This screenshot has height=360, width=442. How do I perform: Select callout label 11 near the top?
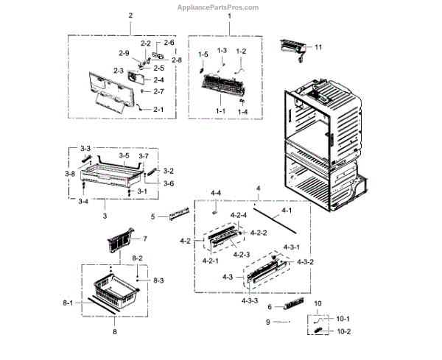[319, 47]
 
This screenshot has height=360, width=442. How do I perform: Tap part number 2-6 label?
[169, 43]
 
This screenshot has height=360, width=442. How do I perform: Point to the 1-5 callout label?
[203, 54]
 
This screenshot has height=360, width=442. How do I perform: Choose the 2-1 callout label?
[158, 109]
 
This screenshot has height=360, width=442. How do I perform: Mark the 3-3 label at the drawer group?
[85, 149]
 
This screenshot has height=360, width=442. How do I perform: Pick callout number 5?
[152, 216]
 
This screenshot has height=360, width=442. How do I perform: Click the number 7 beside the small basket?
[145, 239]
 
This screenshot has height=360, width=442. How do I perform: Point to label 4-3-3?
[249, 300]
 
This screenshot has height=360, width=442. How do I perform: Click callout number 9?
[269, 321]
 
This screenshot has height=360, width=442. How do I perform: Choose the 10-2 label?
[344, 332]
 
